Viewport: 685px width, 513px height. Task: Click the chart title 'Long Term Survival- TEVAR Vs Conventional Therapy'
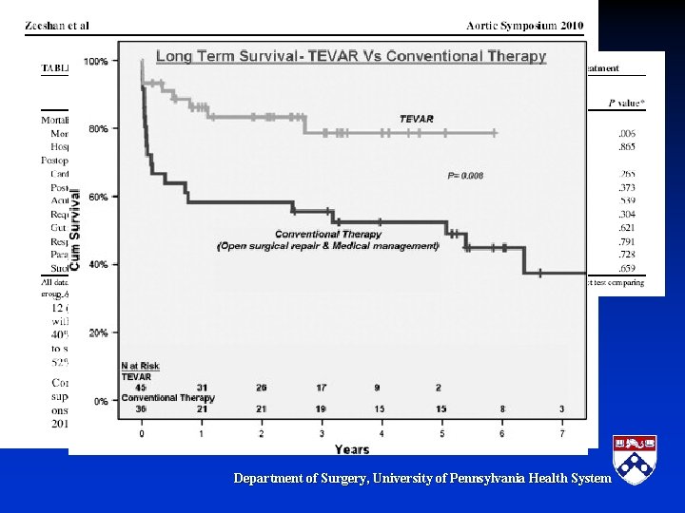tap(351, 56)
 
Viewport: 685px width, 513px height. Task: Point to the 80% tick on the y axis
tap(98, 128)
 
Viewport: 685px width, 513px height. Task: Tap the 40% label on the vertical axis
tap(98, 264)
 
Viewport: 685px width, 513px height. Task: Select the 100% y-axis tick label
tap(96, 61)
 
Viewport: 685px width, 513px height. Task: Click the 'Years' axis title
tap(351, 448)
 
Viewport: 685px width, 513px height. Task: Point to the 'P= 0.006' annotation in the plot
tap(465, 176)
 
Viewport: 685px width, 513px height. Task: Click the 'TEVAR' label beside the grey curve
tap(417, 119)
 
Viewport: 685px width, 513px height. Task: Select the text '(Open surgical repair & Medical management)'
tap(328, 246)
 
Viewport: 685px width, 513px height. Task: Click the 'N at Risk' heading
tap(139, 366)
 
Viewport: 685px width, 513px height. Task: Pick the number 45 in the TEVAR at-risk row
tap(141, 387)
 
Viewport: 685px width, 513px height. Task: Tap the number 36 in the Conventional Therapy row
tap(141, 408)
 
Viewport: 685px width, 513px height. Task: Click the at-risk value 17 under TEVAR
tap(322, 387)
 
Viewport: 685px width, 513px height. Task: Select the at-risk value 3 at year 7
tap(561, 408)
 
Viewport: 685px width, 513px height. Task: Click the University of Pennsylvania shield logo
tap(634, 460)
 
